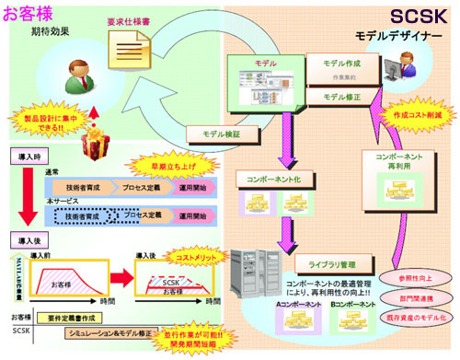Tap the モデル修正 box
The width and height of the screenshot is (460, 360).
click(346, 96)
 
